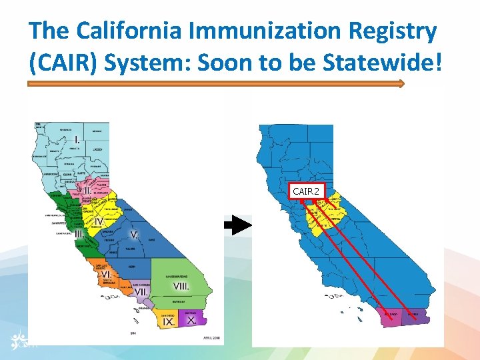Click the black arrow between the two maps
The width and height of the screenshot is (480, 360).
(x=237, y=227)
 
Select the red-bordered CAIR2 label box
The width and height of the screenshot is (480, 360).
(x=307, y=191)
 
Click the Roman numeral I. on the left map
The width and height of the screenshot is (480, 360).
(x=77, y=140)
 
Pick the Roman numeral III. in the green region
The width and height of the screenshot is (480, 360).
(x=79, y=234)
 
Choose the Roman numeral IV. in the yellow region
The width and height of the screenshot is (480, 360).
(x=99, y=221)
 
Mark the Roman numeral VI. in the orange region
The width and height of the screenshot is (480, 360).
(x=106, y=274)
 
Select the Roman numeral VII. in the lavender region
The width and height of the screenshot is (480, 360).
(x=141, y=291)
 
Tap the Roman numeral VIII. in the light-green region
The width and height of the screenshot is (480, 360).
(x=181, y=286)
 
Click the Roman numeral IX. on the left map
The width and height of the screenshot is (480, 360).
(x=169, y=321)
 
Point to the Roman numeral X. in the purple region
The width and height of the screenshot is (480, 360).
(x=191, y=320)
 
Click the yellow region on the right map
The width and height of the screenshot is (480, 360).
(x=323, y=215)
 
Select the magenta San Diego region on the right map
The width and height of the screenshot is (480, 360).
(x=391, y=315)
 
